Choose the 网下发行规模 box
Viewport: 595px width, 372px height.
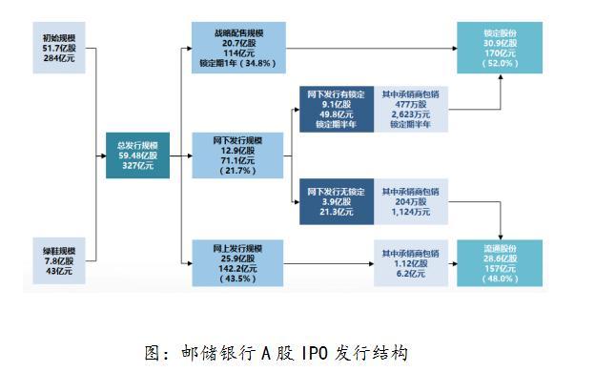[237, 155]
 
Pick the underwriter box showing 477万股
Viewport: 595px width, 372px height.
[410, 111]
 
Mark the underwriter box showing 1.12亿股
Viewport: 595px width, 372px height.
[410, 262]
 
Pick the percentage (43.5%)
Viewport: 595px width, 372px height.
[238, 279]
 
